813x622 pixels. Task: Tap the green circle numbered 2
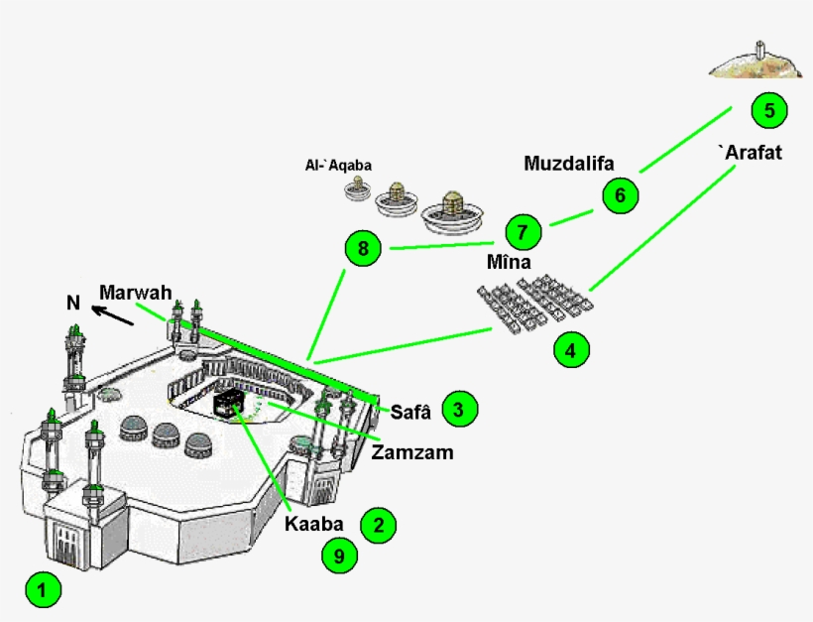point(378,525)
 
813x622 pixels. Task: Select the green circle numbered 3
point(459,408)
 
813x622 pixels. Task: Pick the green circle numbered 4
point(571,349)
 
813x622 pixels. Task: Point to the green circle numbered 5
point(768,109)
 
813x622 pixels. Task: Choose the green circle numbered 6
point(621,194)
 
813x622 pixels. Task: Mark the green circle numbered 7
point(523,233)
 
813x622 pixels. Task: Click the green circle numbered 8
point(363,249)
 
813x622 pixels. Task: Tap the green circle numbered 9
point(339,557)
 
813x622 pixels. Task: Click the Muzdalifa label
point(569,163)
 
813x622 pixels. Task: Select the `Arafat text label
point(750,153)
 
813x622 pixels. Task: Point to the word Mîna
point(509,264)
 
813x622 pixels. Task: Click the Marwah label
point(136,292)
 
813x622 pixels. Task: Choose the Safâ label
point(410,409)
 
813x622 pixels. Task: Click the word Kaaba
point(314,523)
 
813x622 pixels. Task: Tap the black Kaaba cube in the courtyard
point(229,402)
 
